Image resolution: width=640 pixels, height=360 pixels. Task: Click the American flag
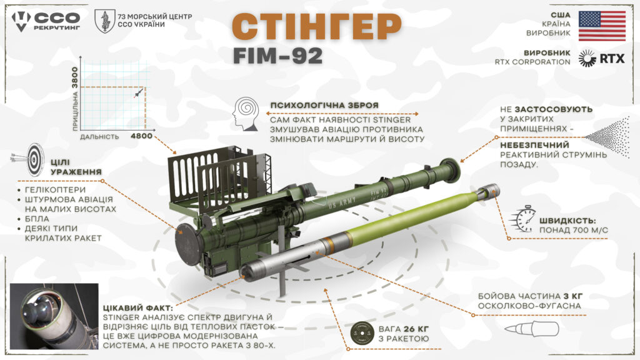602,26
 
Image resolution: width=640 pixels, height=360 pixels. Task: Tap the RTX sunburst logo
587,58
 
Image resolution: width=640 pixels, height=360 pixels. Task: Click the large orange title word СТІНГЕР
317,26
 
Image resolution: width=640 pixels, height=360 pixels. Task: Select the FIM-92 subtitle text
278,56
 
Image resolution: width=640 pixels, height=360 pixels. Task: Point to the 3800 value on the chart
75,78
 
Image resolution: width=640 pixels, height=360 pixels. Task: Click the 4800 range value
142,136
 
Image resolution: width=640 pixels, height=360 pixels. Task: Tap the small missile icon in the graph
139,93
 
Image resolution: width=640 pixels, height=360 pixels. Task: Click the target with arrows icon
30,159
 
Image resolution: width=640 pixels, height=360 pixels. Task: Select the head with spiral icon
246,114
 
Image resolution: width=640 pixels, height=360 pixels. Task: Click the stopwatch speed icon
522,219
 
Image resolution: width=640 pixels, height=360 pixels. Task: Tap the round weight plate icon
362,334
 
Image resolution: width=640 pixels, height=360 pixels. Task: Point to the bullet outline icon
531,329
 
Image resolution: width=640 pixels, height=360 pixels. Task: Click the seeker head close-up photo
54,316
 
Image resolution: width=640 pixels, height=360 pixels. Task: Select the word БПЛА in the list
37,219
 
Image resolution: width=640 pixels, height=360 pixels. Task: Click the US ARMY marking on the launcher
342,202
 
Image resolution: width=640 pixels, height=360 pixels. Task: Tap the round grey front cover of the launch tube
188,244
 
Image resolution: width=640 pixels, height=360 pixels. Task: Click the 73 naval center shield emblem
105,21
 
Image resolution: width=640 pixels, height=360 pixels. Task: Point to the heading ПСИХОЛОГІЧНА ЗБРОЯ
324,105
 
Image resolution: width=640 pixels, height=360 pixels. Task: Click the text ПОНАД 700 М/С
574,230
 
